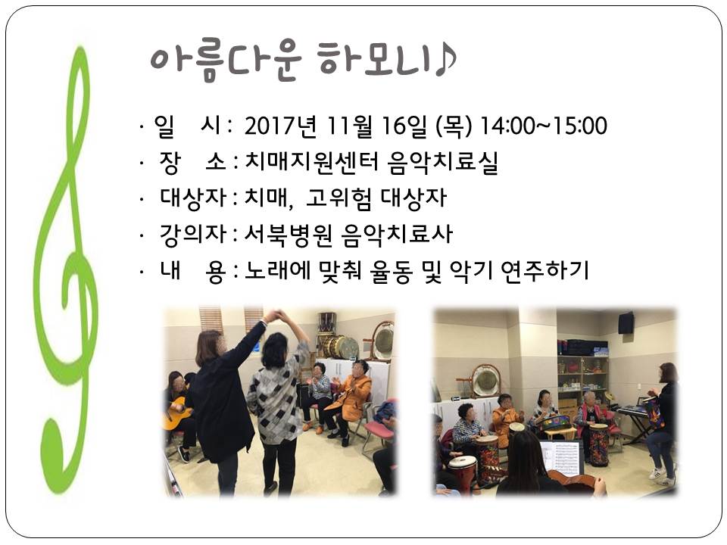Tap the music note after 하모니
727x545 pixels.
[445, 59]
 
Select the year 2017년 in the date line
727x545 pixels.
[280, 126]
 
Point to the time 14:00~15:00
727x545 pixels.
[544, 126]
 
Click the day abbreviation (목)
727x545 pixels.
[454, 126]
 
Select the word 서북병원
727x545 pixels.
[289, 234]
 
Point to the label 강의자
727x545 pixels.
[192, 234]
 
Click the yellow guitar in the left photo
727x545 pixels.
[176, 413]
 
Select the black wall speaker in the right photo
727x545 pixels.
[626, 322]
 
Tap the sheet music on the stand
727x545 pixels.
[561, 457]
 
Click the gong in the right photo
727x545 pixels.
[486, 381]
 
